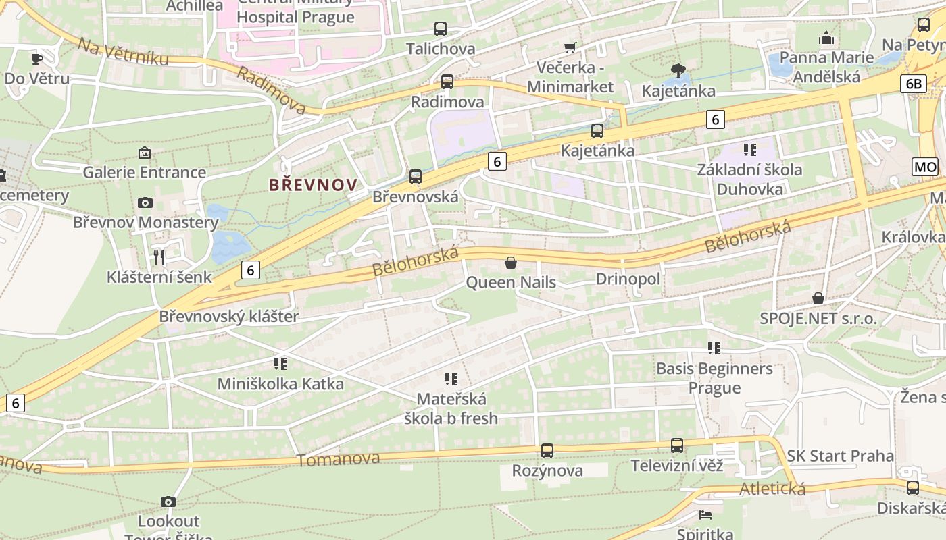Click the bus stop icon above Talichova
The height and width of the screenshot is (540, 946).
pos(441,29)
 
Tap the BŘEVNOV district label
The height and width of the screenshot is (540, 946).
pos(313,184)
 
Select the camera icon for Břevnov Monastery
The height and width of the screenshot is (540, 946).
pos(145,202)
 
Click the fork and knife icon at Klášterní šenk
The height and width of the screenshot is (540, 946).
pos(159,256)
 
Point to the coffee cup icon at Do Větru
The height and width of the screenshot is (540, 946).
pos(37,59)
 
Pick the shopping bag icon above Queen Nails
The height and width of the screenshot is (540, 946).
pos(511,263)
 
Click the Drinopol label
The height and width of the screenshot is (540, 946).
pos(628,279)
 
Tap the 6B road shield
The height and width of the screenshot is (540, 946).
pos(913,83)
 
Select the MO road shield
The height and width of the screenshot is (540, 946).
pos(924,167)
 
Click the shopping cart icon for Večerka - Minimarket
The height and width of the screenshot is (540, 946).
pos(570,47)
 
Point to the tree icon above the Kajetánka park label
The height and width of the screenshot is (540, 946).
pos(678,70)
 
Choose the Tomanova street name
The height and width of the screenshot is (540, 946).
pos(339,459)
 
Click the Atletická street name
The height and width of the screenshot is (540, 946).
pos(772,488)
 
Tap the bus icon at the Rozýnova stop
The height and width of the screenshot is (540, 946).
pos(547,450)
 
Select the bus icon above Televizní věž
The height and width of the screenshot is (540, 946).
pos(677,446)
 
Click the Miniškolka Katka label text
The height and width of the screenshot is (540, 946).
pos(280,384)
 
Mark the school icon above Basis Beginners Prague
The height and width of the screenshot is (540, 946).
pos(714,348)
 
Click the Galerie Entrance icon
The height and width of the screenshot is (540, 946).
pos(144,153)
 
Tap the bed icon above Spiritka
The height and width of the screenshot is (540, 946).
pos(705,515)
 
